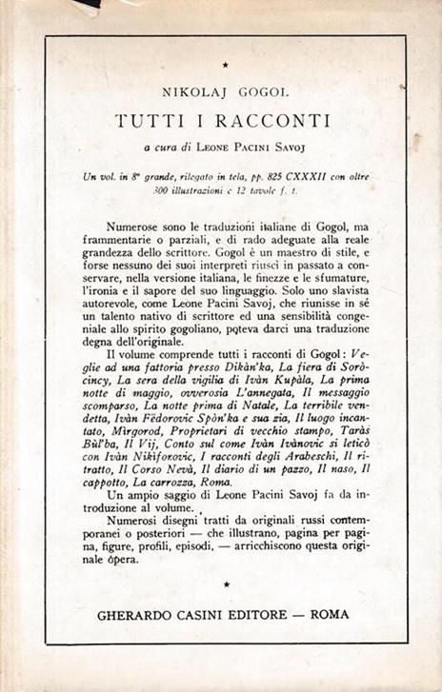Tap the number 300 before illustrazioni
164,189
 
